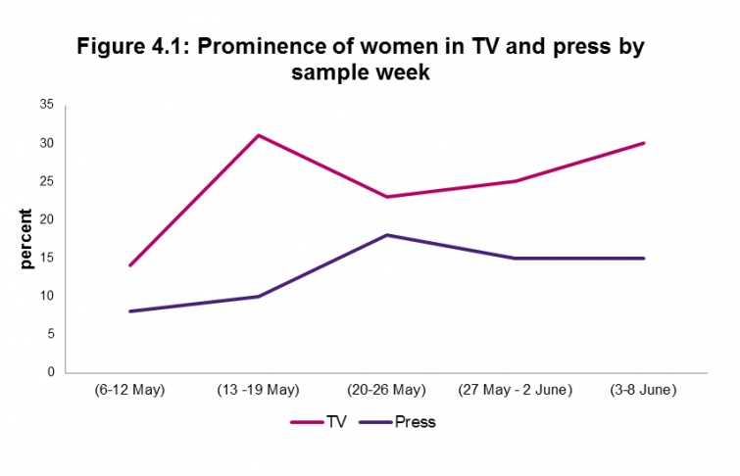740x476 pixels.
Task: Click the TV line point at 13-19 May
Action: pos(258,135)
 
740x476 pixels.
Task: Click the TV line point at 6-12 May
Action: pos(129,265)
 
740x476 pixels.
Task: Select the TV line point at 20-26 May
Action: pos(386,197)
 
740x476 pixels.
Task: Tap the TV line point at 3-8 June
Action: pos(643,143)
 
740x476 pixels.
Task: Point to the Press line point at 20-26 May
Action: pos(386,235)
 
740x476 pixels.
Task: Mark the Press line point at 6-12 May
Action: pos(129,311)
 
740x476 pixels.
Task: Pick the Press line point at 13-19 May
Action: pos(258,296)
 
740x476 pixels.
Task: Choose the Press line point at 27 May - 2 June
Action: pos(515,259)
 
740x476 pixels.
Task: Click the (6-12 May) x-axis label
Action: pos(129,391)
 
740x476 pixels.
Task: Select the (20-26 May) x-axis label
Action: pos(386,391)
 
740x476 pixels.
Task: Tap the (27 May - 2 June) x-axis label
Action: pos(515,391)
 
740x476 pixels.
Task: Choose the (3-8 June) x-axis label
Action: pos(643,391)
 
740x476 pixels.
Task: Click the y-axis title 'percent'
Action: pos(26,239)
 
